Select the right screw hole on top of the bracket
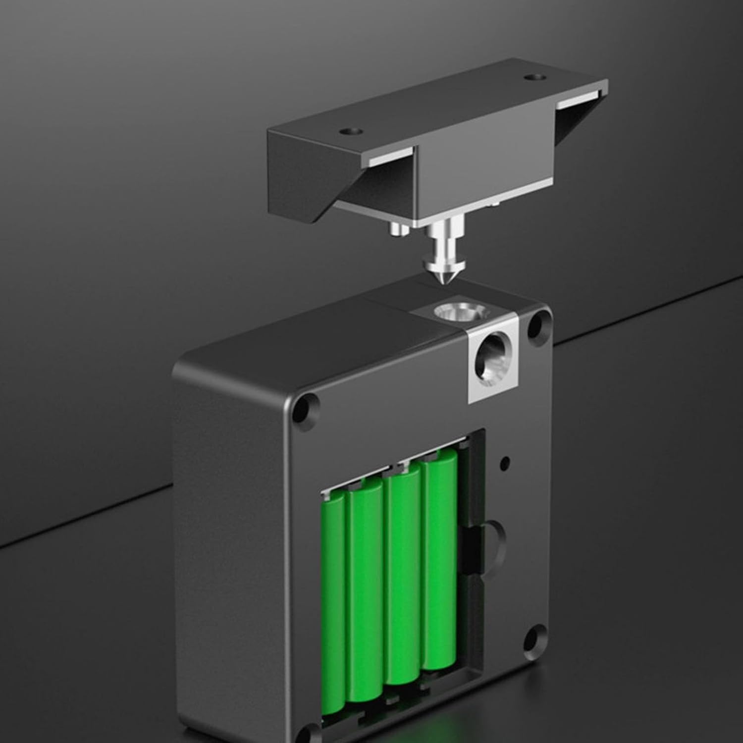pos(533,78)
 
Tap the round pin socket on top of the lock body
pos(454,313)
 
